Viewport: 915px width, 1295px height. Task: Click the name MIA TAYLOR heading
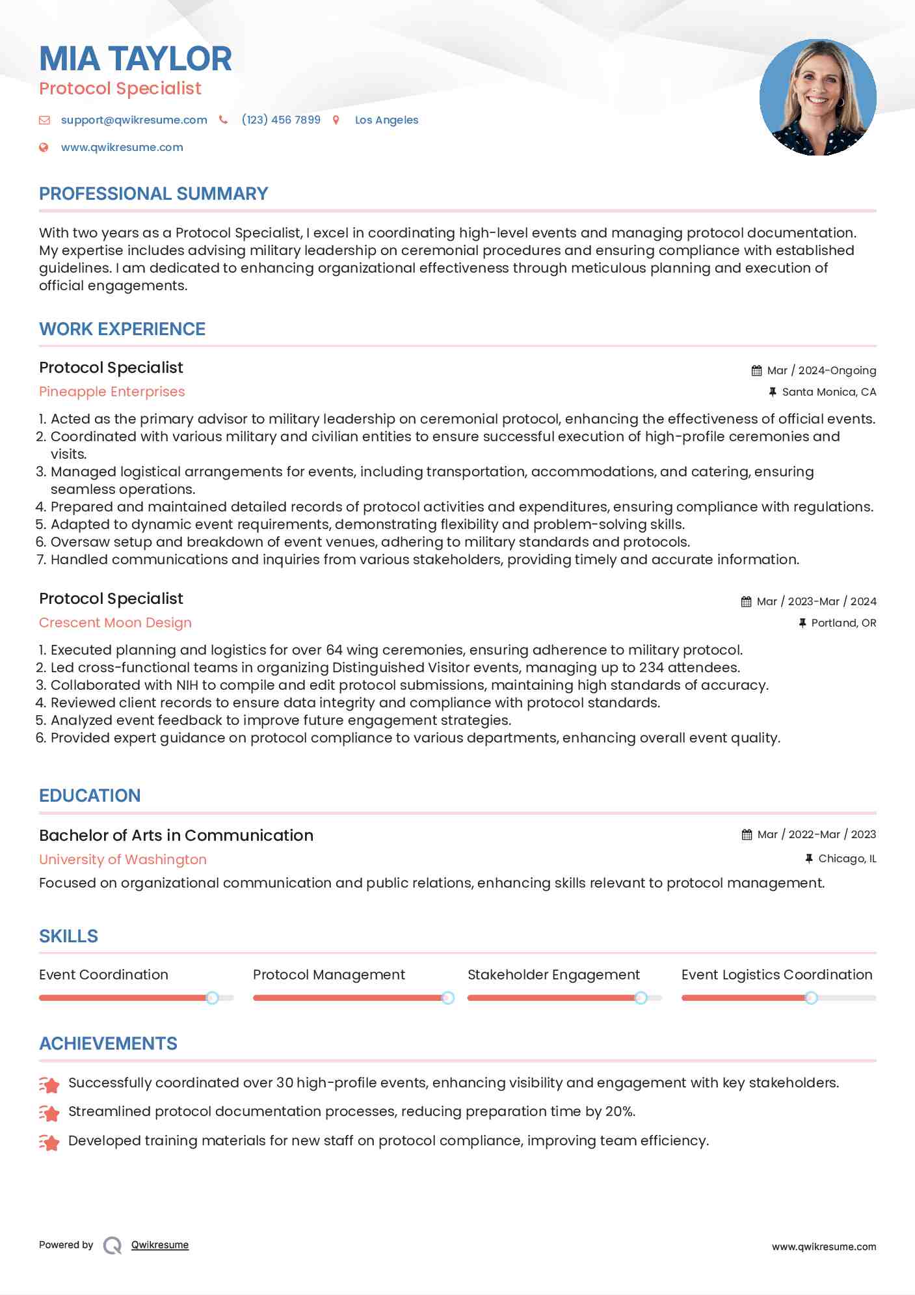(x=135, y=59)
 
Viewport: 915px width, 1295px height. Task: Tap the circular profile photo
(x=817, y=98)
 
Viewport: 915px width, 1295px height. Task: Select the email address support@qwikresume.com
(x=134, y=120)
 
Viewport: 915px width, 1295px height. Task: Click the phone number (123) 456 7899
(x=281, y=120)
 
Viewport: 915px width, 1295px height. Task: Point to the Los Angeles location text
(x=386, y=120)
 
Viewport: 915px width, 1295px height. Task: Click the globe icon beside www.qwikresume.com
(x=44, y=147)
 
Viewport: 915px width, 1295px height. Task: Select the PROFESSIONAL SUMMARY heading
(x=153, y=194)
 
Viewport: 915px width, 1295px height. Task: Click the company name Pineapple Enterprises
(x=112, y=392)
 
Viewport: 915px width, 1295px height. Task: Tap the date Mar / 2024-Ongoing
(x=821, y=370)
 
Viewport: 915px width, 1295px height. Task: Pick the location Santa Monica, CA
(x=829, y=392)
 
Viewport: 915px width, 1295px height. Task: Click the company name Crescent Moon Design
(x=115, y=623)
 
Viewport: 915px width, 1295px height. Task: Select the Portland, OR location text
(x=843, y=623)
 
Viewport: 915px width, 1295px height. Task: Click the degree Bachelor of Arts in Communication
(x=176, y=836)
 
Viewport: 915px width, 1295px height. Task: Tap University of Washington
(x=123, y=860)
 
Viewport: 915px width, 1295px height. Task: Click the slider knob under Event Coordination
(x=212, y=998)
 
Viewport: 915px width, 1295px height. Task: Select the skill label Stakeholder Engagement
(x=553, y=975)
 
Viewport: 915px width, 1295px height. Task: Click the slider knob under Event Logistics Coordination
(x=811, y=998)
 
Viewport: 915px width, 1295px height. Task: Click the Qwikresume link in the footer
(x=160, y=1245)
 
